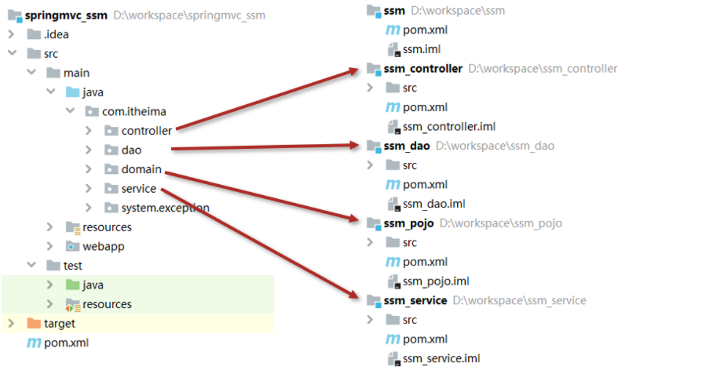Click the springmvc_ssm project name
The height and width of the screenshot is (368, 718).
click(x=67, y=15)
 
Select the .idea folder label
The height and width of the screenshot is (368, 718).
click(x=56, y=35)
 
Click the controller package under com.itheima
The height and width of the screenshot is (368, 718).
click(x=146, y=130)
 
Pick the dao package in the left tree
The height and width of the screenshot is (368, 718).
click(x=131, y=150)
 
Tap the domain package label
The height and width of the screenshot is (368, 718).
click(x=141, y=169)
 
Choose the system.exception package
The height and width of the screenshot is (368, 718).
click(x=165, y=208)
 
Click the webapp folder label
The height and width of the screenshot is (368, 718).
click(x=103, y=246)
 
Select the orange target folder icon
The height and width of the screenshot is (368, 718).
click(x=34, y=324)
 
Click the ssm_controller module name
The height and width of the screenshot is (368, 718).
click(x=423, y=69)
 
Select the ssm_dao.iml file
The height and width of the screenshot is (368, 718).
click(x=434, y=204)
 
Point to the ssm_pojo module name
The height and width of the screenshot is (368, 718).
click(x=408, y=223)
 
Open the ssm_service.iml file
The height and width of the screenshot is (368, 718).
click(x=441, y=359)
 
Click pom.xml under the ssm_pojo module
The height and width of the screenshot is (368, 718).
click(x=425, y=262)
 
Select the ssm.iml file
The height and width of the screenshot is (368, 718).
click(x=421, y=49)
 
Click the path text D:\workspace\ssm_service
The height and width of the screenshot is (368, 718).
click(x=519, y=300)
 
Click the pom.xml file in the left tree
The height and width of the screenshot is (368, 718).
click(x=66, y=343)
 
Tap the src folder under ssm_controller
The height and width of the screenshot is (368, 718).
click(x=409, y=88)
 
